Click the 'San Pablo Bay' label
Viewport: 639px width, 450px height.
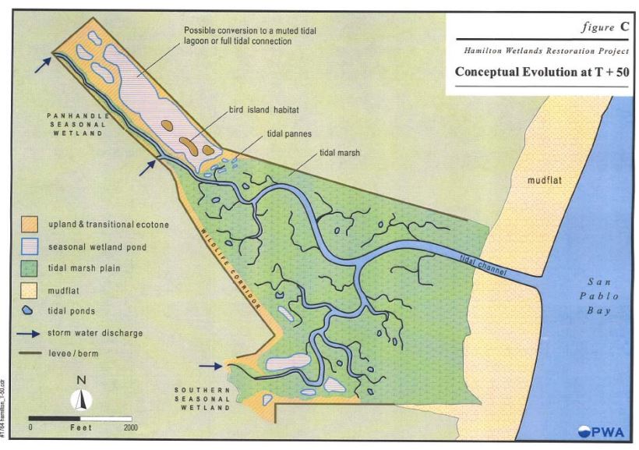(603, 296)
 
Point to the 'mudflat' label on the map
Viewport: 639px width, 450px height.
(545, 181)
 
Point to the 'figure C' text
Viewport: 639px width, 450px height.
(605, 27)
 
